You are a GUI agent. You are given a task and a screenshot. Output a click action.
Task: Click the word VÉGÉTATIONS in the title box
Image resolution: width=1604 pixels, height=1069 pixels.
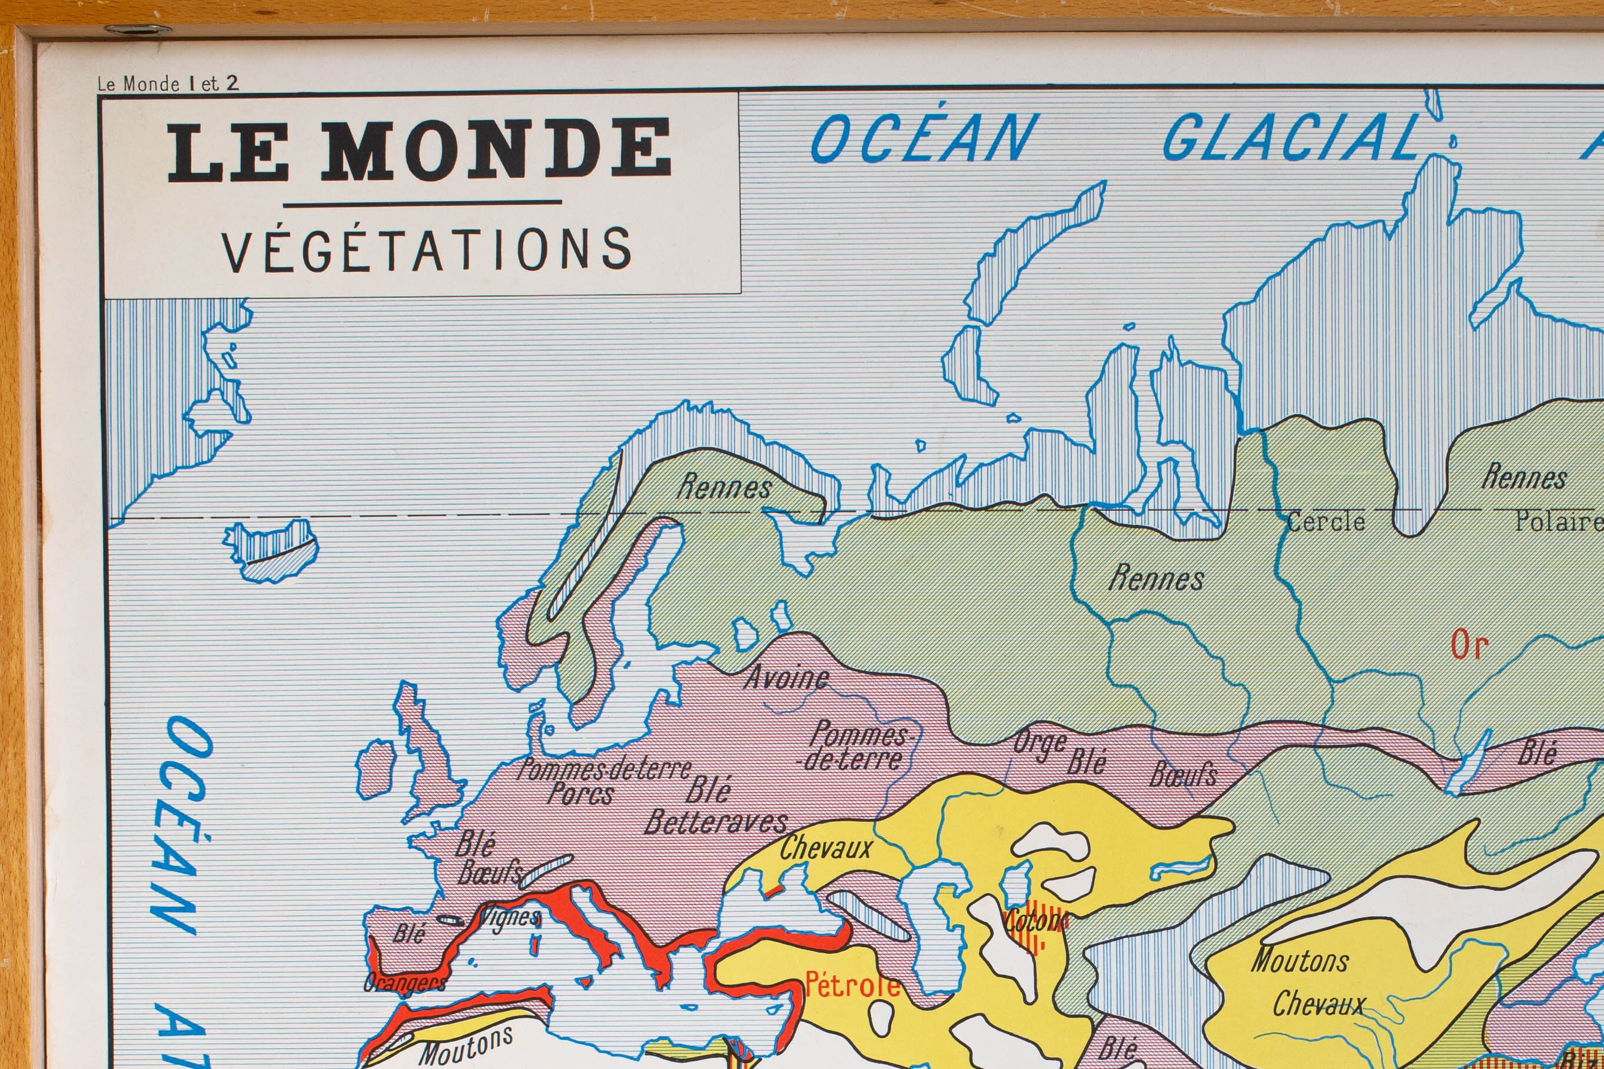coord(427,250)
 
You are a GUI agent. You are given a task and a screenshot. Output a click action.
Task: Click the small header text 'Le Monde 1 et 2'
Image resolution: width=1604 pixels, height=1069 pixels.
coord(168,84)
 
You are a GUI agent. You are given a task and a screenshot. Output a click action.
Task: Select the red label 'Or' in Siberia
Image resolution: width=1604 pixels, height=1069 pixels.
coord(1469,645)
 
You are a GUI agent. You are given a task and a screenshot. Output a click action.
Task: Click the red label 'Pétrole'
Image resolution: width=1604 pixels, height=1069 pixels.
coord(852,984)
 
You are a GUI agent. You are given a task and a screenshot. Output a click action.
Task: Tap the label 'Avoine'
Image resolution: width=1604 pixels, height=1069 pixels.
coord(786,678)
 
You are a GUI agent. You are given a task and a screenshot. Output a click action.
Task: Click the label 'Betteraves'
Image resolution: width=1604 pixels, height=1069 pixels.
coord(716,823)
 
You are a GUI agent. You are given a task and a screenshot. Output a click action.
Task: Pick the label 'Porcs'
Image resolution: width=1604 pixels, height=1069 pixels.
coord(580,794)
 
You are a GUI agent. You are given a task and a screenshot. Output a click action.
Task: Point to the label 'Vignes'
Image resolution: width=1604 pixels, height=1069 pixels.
coord(510,918)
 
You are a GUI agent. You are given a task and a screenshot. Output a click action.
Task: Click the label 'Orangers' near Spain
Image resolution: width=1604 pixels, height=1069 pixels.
coord(404,983)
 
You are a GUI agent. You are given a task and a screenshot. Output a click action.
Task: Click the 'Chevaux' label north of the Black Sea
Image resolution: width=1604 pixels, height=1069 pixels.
coord(826,849)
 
